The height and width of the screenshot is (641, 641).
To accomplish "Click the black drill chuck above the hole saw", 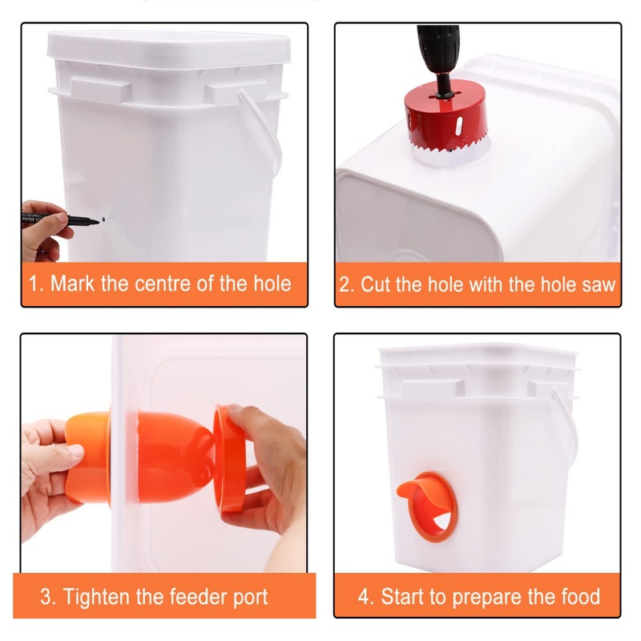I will coord(437,48).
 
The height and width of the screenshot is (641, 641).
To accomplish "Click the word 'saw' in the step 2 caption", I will coord(597,284).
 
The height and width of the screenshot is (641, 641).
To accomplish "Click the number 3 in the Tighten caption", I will coord(46,597).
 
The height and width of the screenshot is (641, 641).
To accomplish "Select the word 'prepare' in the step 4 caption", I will coord(502,597).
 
